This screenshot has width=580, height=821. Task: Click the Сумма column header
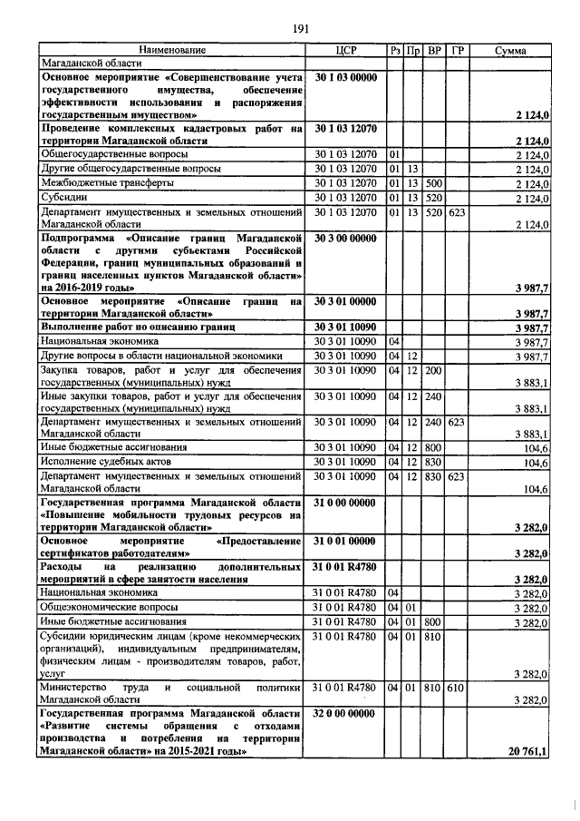pyautogui.click(x=511, y=50)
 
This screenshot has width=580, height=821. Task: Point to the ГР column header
pyautogui.click(x=457, y=50)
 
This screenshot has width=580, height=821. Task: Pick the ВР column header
pyautogui.click(x=434, y=50)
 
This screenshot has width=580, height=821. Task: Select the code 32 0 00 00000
pyautogui.click(x=344, y=714)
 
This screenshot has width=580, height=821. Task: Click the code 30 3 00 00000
pyautogui.click(x=344, y=238)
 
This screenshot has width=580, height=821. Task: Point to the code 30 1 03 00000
pyautogui.click(x=344, y=78)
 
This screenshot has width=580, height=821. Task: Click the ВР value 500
pyautogui.click(x=434, y=182)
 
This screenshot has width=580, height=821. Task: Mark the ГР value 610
pyautogui.click(x=456, y=689)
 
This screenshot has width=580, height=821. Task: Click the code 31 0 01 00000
pyautogui.click(x=344, y=541)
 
